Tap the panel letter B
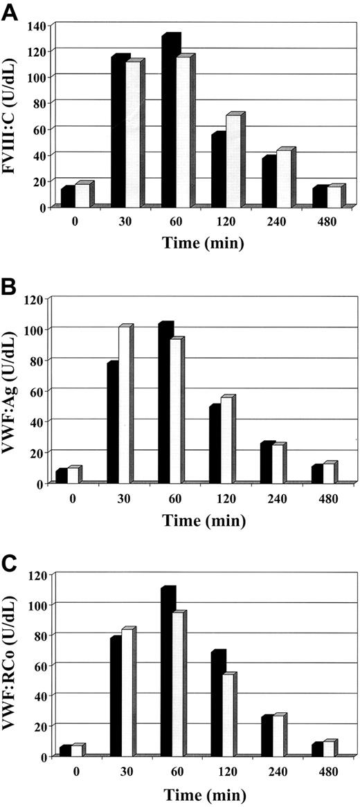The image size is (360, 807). tap(10, 284)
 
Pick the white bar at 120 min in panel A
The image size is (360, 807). tap(234, 163)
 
